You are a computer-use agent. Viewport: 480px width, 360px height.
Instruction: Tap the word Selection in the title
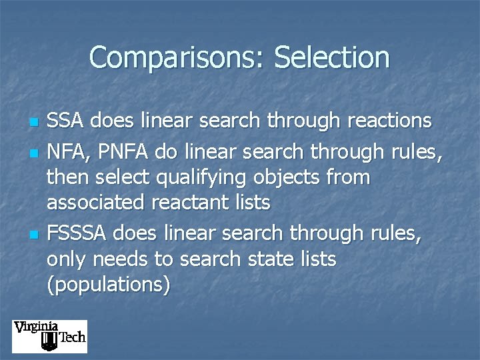[x=331, y=57]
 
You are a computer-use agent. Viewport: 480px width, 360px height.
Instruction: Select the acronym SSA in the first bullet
[x=67, y=121]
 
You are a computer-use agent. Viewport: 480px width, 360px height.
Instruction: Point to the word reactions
[x=381, y=121]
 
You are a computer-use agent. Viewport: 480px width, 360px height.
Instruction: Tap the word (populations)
[x=108, y=285]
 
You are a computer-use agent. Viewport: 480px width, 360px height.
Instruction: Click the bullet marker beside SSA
[x=32, y=123]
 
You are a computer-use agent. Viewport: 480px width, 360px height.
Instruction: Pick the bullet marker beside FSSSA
[x=32, y=235]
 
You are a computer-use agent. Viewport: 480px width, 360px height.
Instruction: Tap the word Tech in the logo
[x=72, y=337]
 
